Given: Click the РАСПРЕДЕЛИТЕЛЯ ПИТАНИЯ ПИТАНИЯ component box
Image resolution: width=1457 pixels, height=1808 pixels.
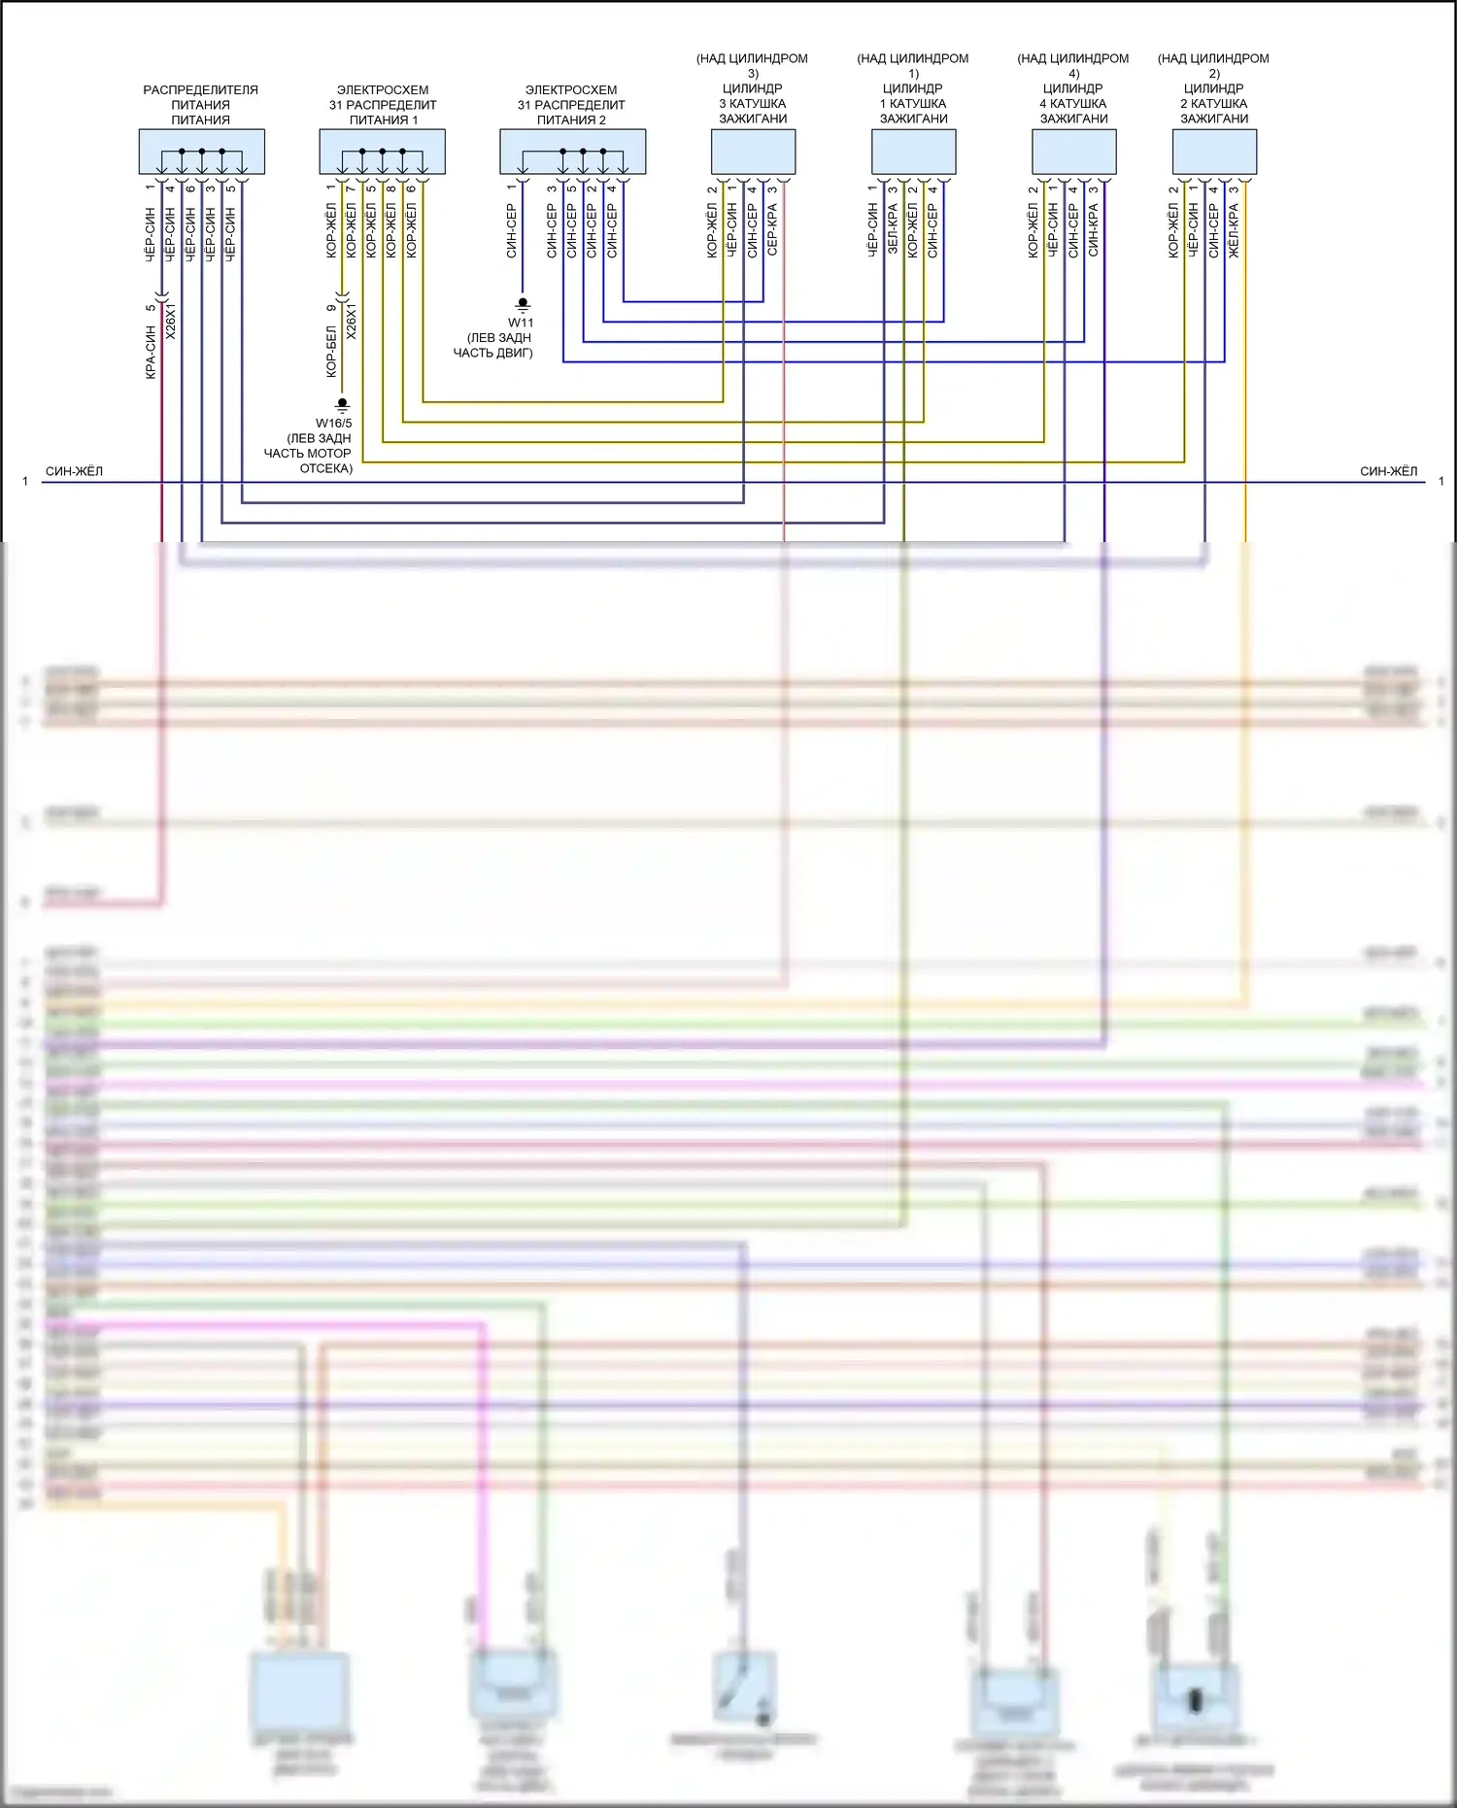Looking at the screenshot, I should tap(201, 153).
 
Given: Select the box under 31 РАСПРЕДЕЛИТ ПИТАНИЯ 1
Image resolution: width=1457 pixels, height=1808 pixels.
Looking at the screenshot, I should tap(383, 153).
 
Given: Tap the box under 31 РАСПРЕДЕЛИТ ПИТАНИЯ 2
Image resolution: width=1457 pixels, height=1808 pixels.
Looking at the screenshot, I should tap(572, 153).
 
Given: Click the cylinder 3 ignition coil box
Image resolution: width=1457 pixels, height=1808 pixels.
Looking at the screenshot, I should tap(753, 152).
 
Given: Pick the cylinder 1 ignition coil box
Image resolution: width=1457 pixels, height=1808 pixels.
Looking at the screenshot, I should tap(913, 152).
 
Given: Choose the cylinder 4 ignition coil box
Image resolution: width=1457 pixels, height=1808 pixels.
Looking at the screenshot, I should tap(1073, 152).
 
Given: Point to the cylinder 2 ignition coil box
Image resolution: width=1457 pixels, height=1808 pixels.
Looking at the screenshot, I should tap(1214, 152).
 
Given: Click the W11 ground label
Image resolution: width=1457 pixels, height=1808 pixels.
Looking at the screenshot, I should tap(521, 323).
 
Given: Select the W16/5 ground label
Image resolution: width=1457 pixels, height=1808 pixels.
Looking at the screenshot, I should tap(333, 424).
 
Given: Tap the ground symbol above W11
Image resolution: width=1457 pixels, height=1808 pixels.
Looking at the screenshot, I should tap(523, 305).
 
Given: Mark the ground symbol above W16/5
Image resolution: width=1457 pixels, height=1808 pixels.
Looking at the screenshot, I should tap(342, 404).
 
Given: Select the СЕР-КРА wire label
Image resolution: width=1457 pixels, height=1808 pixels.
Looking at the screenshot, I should tap(772, 229).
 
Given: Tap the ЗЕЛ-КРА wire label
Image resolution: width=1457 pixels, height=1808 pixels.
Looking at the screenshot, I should tap(893, 229).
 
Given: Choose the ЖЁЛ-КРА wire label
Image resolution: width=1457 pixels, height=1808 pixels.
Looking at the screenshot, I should tap(1234, 230).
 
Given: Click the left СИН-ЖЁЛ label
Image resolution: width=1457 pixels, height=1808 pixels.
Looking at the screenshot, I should tap(74, 472).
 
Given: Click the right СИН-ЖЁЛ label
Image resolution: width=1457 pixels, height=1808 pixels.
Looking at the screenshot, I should tap(1388, 472).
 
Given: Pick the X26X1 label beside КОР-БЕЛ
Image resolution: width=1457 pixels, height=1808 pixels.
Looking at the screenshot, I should tap(352, 322).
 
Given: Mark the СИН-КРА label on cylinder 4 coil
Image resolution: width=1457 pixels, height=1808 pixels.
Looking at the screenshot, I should tap(1093, 230).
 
